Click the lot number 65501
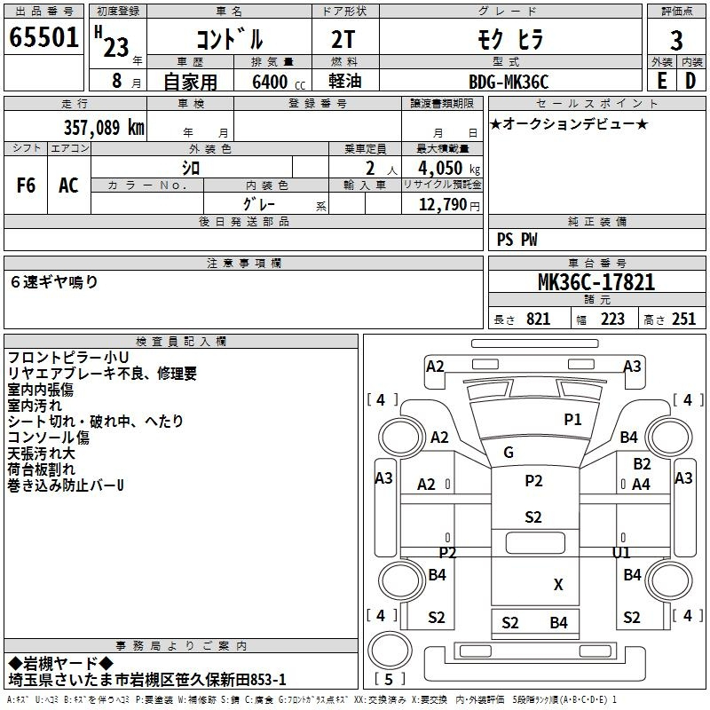[43, 37]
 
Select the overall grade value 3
[676, 41]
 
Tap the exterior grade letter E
[662, 81]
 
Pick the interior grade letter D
[690, 81]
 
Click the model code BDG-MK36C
[509, 82]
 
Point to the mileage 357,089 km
[104, 128]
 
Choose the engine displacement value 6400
[270, 82]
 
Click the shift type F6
[26, 185]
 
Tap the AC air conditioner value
[68, 185]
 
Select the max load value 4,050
[440, 169]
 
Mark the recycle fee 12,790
[442, 205]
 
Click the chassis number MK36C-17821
[596, 282]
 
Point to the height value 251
[683, 319]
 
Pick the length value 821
[539, 319]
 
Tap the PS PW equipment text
[517, 240]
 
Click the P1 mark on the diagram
[572, 420]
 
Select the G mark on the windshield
[509, 453]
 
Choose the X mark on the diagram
[558, 585]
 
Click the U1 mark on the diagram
[620, 552]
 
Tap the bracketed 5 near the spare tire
[389, 679]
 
